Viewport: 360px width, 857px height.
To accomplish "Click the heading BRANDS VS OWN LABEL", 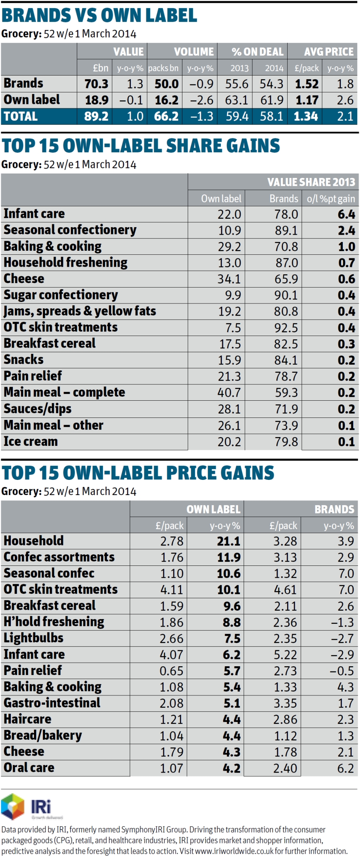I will (99, 15).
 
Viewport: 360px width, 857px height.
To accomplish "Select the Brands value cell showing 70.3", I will (96, 84).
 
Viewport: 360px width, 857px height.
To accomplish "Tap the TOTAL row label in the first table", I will (21, 116).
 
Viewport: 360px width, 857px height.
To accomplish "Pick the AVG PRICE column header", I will (328, 52).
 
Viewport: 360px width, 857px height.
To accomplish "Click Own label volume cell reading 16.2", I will (166, 100).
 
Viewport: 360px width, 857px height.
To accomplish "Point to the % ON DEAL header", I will (257, 52).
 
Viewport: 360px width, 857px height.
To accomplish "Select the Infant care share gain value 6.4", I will (346, 214).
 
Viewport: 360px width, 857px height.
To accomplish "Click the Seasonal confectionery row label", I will (70, 230).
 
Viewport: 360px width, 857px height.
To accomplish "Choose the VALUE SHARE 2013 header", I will (311, 182).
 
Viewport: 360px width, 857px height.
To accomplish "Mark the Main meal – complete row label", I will (64, 392).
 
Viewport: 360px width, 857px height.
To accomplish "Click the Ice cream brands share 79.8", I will (286, 441).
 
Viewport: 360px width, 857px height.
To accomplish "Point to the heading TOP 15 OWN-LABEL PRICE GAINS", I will (138, 473).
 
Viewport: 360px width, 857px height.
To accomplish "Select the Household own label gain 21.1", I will (228, 541).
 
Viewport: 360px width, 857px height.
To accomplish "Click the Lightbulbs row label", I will (34, 638).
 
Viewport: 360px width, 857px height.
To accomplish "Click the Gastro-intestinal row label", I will (52, 703).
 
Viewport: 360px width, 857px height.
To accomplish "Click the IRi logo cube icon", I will (13, 806).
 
